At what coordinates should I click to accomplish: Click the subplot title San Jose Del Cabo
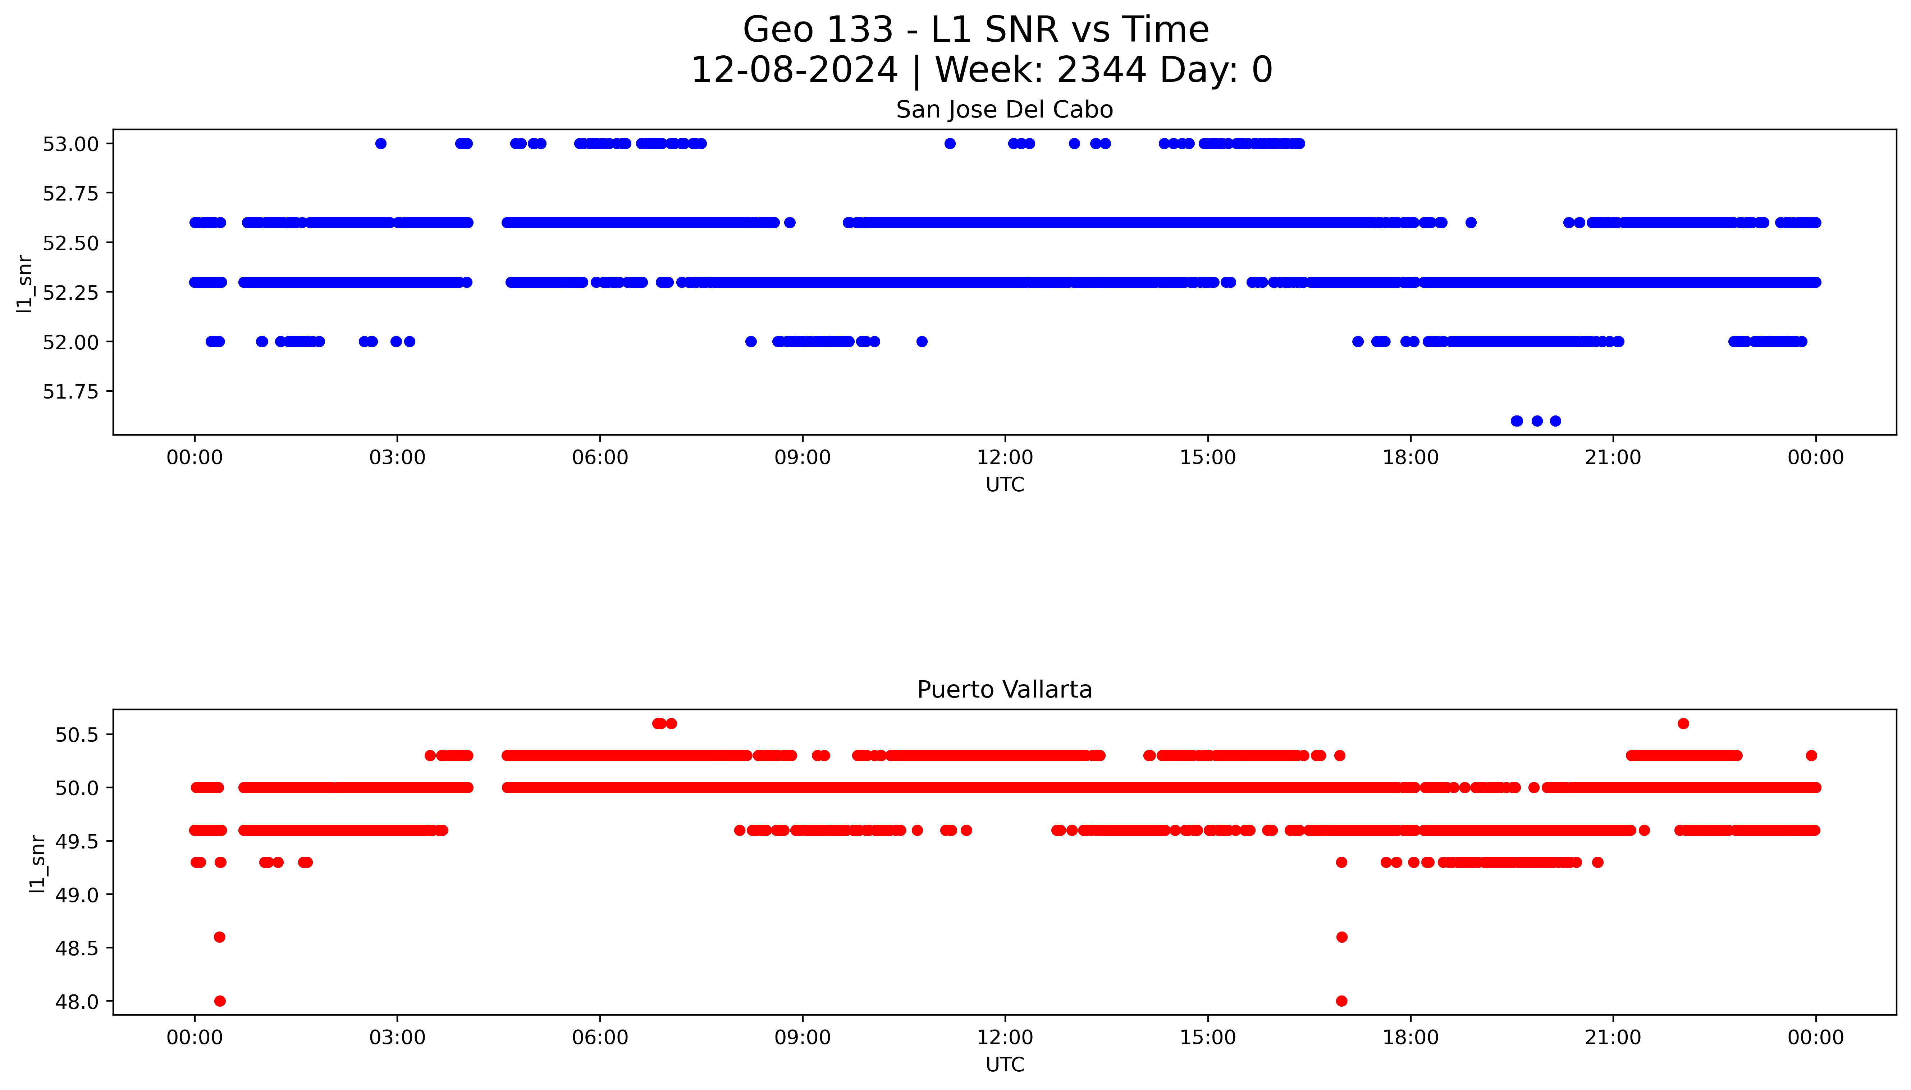click(x=1004, y=110)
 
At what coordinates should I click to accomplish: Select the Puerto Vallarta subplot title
click(x=1004, y=690)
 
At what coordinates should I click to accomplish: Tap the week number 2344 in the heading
click(x=1101, y=70)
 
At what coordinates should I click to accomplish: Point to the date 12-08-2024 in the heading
click(x=794, y=70)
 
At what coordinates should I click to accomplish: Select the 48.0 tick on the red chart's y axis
click(x=77, y=1002)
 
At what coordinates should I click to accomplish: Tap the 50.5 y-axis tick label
click(x=77, y=735)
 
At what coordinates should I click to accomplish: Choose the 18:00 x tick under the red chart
click(x=1410, y=1038)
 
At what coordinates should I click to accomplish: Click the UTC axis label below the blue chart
click(x=1004, y=485)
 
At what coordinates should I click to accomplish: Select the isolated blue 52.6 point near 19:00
click(x=1471, y=222)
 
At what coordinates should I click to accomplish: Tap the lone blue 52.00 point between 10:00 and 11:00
click(x=922, y=341)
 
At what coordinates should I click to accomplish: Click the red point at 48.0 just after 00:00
click(x=219, y=1001)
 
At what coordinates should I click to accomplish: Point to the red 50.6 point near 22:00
click(x=1683, y=723)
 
